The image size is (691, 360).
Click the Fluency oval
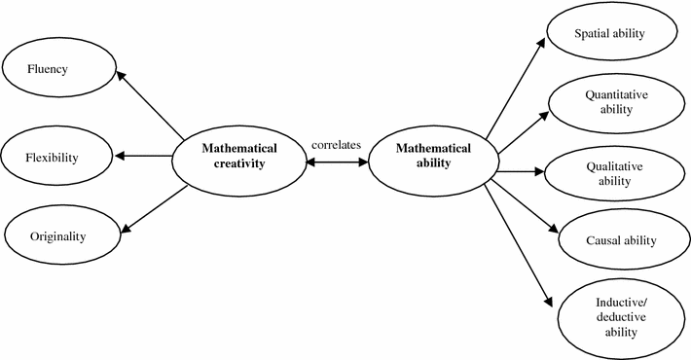pos(58,69)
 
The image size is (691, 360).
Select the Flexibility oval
pos(54,155)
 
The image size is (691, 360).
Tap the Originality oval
pos(58,236)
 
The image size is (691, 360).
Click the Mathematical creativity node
pos(238,157)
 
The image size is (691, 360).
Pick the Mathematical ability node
pos(434,157)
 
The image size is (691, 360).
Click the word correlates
pos(336,145)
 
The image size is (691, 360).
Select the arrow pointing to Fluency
pos(152,105)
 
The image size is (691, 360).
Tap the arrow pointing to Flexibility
pos(143,156)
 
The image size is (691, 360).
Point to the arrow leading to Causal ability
pos(526,205)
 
